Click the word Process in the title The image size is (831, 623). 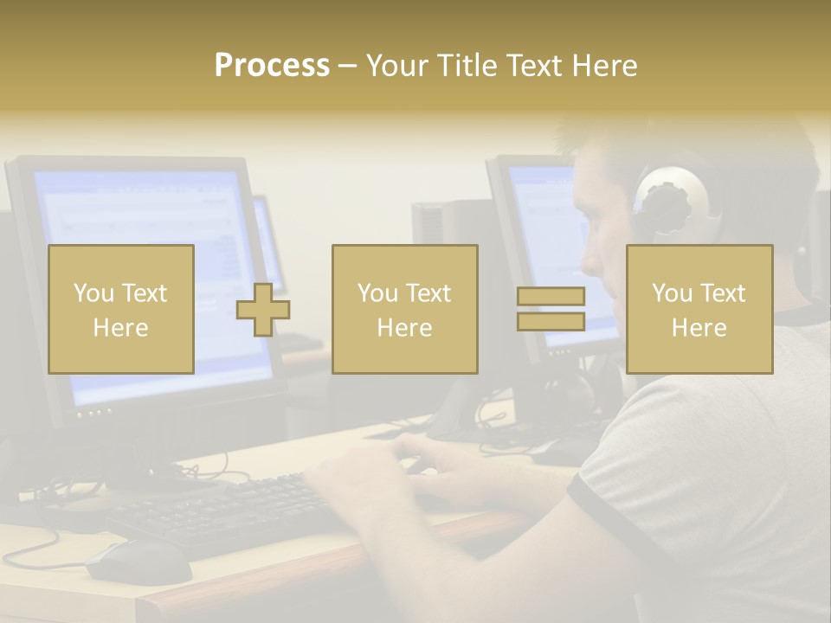(272, 66)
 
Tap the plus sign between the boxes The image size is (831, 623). (263, 309)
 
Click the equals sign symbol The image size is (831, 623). (551, 309)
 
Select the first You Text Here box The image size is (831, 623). (121, 309)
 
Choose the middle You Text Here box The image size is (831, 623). (404, 309)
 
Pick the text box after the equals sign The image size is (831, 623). (699, 309)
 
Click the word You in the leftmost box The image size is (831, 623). (93, 293)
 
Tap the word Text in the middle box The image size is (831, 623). (428, 293)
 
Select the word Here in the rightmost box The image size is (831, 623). (699, 327)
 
